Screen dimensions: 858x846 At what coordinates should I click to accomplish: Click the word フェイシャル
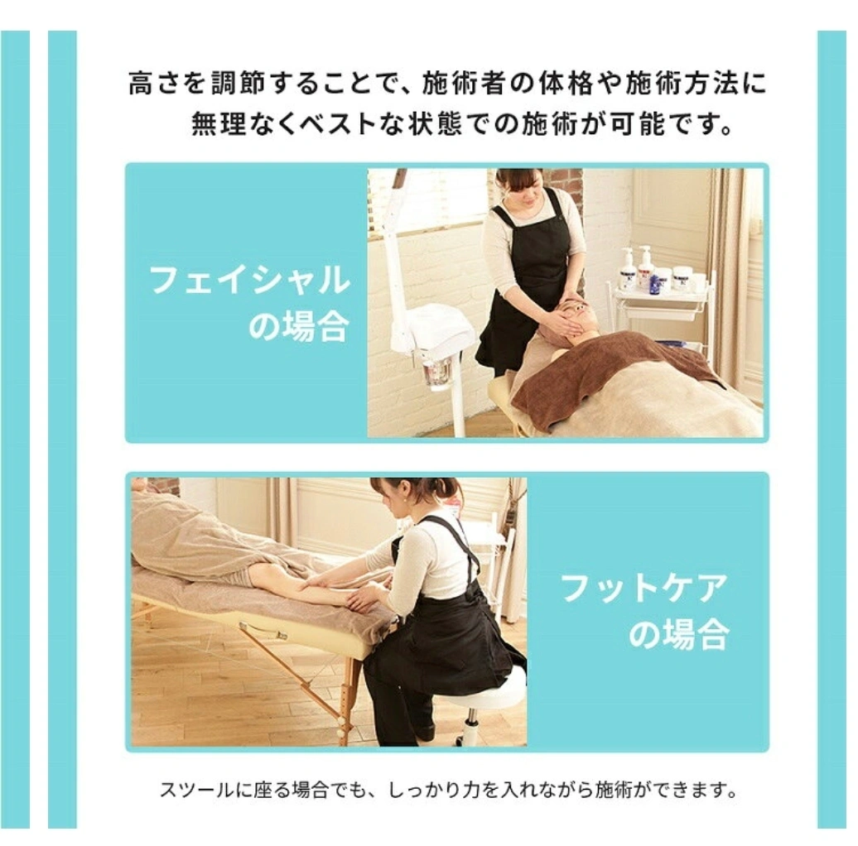[249, 280]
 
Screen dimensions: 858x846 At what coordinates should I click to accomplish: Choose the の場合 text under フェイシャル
[299, 326]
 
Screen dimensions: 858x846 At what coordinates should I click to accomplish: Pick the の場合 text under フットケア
[678, 634]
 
